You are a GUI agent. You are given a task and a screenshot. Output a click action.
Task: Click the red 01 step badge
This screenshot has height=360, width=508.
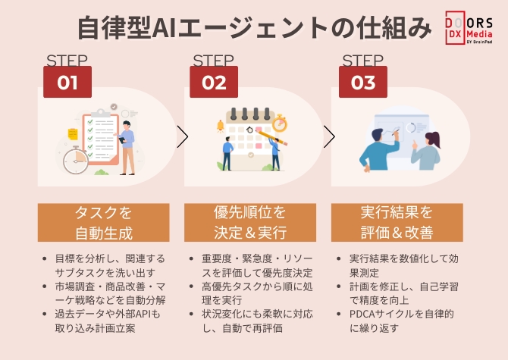point(68,83)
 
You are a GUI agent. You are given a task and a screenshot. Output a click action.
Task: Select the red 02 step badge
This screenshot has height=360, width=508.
point(214,83)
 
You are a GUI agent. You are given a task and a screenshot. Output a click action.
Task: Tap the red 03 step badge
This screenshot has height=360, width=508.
point(363,83)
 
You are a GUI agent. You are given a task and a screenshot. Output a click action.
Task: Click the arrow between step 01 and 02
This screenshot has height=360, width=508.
point(182,137)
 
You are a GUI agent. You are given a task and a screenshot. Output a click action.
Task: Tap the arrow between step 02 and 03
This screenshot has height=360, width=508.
point(329,137)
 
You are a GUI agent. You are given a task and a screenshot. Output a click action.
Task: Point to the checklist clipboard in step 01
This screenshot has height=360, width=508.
point(102,136)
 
